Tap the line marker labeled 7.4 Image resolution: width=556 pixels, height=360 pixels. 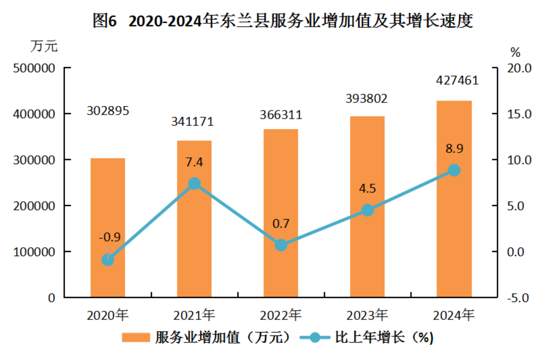click(x=194, y=184)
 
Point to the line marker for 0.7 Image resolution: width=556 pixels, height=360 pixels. click(x=281, y=245)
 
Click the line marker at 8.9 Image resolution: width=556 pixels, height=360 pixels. click(x=454, y=170)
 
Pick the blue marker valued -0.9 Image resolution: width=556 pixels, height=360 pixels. click(x=108, y=260)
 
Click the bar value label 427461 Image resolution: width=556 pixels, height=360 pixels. click(x=457, y=80)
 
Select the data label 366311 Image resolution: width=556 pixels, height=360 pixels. click(x=281, y=115)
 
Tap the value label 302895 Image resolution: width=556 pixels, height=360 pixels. click(x=108, y=111)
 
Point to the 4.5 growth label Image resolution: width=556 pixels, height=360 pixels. click(x=367, y=188)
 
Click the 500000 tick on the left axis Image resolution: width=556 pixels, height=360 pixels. click(x=34, y=68)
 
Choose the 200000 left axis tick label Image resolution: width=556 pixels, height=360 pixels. click(x=34, y=206)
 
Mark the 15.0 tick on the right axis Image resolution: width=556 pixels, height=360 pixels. click(x=519, y=114)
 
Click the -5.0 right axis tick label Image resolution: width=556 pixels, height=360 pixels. click(x=518, y=298)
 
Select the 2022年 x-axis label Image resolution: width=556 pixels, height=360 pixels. click(x=281, y=315)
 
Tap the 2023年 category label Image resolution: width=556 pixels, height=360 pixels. click(x=367, y=315)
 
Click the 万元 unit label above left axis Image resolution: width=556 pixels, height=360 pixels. click(x=44, y=46)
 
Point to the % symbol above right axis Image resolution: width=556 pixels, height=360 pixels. click(x=515, y=52)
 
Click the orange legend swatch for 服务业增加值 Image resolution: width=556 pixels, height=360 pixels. click(x=136, y=337)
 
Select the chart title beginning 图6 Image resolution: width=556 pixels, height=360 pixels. click(x=282, y=20)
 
